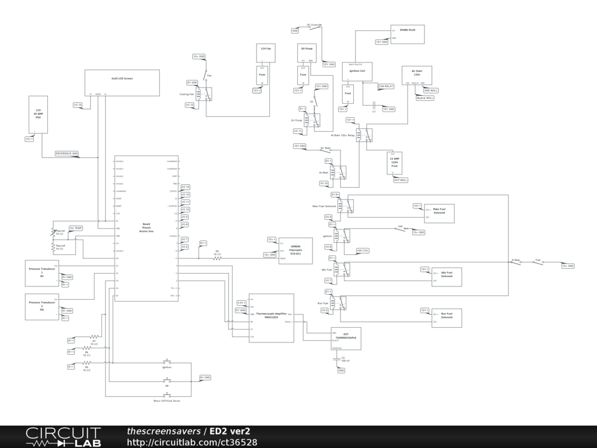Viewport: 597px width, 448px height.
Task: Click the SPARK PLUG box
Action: (407, 34)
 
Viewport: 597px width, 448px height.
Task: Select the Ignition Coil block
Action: (357, 72)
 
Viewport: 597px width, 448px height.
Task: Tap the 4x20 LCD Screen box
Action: (122, 82)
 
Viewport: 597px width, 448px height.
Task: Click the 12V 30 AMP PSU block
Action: (38, 115)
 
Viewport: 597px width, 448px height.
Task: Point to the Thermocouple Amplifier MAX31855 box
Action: (271, 318)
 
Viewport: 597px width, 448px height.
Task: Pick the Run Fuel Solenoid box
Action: (447, 316)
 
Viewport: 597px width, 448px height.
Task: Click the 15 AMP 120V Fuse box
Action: (394, 163)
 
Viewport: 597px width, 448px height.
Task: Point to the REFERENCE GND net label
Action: (66, 153)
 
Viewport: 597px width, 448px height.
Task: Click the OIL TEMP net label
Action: (76, 228)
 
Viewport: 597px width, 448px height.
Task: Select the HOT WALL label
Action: (401, 180)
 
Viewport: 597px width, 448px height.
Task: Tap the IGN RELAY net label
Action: (386, 86)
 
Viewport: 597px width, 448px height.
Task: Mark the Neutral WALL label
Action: (425, 98)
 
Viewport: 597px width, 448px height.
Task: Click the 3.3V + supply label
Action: (241, 303)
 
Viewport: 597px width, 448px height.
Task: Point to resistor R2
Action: (217, 257)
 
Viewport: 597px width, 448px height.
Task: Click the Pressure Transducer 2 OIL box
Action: (42, 306)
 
